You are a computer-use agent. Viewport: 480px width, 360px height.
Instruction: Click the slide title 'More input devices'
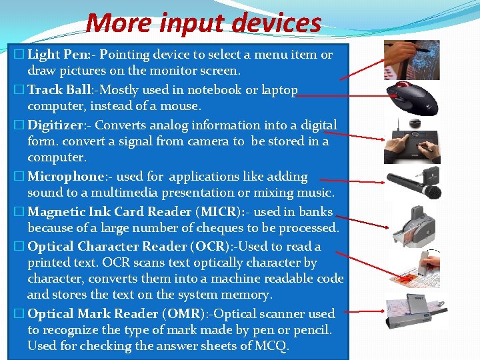click(203, 23)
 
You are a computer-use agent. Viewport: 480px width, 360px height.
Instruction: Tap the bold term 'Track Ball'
click(54, 90)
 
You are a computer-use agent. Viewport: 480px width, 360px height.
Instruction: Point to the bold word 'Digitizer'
click(54, 125)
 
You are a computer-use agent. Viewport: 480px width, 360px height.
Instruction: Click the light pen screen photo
click(411, 59)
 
